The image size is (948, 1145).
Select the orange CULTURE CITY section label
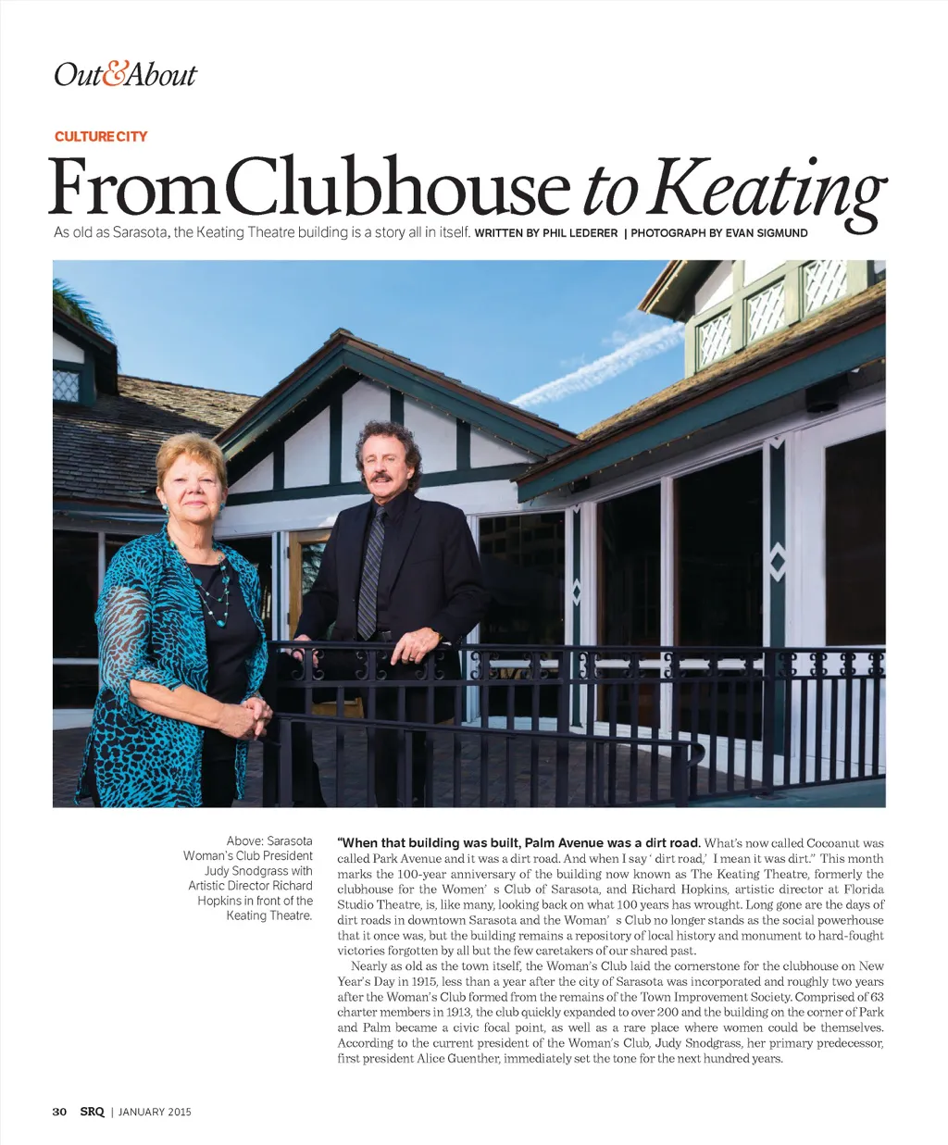pyautogui.click(x=101, y=136)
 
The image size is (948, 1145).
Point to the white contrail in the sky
pyautogui.click(x=592, y=366)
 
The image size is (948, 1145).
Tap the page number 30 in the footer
pyautogui.click(x=59, y=1112)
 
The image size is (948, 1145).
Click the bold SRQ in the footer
pyautogui.click(x=92, y=1112)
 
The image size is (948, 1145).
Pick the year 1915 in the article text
pyautogui.click(x=414, y=982)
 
